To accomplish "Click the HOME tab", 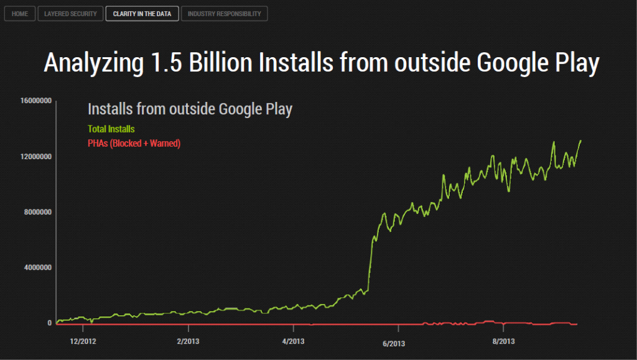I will tap(19, 14).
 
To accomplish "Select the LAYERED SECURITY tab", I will tap(70, 14).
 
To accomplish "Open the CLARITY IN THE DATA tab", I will tap(142, 14).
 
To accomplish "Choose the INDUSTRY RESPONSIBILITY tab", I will tap(224, 14).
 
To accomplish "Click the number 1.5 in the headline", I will tap(166, 63).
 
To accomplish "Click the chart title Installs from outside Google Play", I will tap(190, 109).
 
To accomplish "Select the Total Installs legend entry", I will tap(111, 129).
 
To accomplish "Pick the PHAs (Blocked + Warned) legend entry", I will tap(134, 144).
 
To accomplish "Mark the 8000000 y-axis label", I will tap(36, 212).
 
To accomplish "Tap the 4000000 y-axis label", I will tap(36, 267).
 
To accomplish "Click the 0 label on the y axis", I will tap(49, 323).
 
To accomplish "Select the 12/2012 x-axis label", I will tap(83, 341).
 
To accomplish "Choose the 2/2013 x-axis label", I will tap(188, 341).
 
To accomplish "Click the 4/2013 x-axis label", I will tap(293, 341).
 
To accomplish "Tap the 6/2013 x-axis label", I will tap(394, 343).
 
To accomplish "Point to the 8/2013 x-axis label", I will tap(503, 341).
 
